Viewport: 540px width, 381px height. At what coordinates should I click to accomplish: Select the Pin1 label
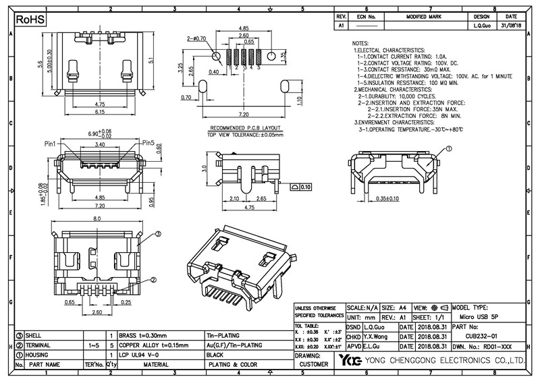51,144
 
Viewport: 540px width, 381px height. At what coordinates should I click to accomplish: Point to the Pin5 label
148,143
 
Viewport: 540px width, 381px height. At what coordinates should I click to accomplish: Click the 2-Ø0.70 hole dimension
196,40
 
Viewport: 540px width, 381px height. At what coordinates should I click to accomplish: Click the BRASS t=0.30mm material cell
142,335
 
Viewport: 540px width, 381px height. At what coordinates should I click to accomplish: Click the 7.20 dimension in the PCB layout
244,116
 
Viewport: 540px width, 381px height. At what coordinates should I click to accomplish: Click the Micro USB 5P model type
478,316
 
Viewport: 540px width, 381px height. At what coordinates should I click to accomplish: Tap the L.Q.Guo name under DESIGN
482,25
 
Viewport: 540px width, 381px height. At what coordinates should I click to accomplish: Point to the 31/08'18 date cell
511,25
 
